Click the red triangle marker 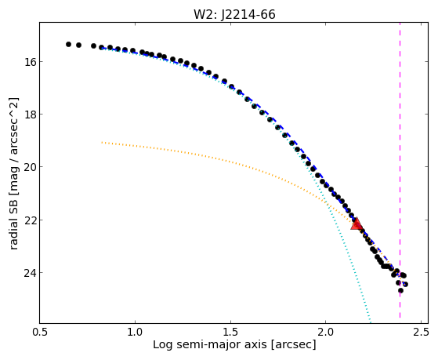pyautogui.click(x=357, y=224)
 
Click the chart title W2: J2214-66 pyautogui.click(x=234, y=15)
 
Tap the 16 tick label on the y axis pyautogui.click(x=28, y=61)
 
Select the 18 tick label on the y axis pyautogui.click(x=28, y=115)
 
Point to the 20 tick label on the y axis pyautogui.click(x=28, y=167)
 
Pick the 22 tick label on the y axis pyautogui.click(x=28, y=220)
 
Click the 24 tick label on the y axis pyautogui.click(x=28, y=272)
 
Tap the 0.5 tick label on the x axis pyautogui.click(x=40, y=332)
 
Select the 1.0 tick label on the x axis pyautogui.click(x=136, y=332)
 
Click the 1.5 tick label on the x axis pyautogui.click(x=230, y=332)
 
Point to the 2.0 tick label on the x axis pyautogui.click(x=326, y=332)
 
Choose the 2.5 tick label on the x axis pyautogui.click(x=421, y=332)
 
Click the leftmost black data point pyautogui.click(x=68, y=44)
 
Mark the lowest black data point pyautogui.click(x=400, y=291)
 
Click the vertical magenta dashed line pyautogui.click(x=400, y=170)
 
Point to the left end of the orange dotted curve pyautogui.click(x=102, y=143)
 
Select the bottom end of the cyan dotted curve pyautogui.click(x=371, y=322)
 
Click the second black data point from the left pyautogui.click(x=79, y=45)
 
